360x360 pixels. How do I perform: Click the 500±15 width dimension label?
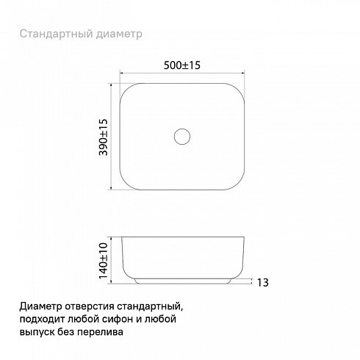(182, 65)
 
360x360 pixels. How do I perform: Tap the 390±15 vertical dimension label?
(103, 137)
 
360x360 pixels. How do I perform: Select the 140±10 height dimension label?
(103, 261)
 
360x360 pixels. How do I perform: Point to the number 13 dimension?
(262, 282)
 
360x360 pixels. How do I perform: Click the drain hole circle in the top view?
(182, 129)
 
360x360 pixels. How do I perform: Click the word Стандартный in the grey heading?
(57, 34)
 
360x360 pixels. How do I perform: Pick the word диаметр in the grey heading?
(119, 35)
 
